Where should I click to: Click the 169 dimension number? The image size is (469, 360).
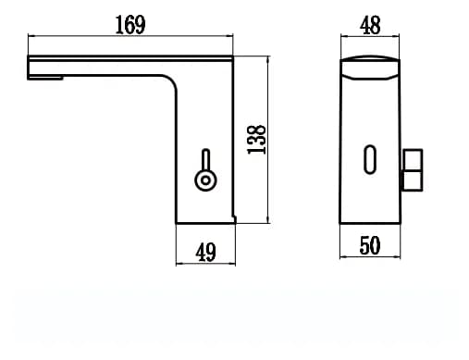tap(130, 25)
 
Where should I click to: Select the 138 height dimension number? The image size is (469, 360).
tap(256, 140)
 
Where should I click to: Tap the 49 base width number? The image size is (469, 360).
tap(205, 252)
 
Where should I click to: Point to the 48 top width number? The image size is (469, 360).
tap(370, 25)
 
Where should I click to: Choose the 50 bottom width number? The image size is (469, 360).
tap(370, 245)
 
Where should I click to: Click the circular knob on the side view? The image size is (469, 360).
tap(205, 180)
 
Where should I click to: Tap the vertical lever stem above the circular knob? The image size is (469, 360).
tap(205, 159)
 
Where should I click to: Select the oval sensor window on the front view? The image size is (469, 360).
tap(370, 159)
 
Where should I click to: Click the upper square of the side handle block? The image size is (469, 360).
tap(413, 159)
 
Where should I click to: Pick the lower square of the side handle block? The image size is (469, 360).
tap(413, 180)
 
